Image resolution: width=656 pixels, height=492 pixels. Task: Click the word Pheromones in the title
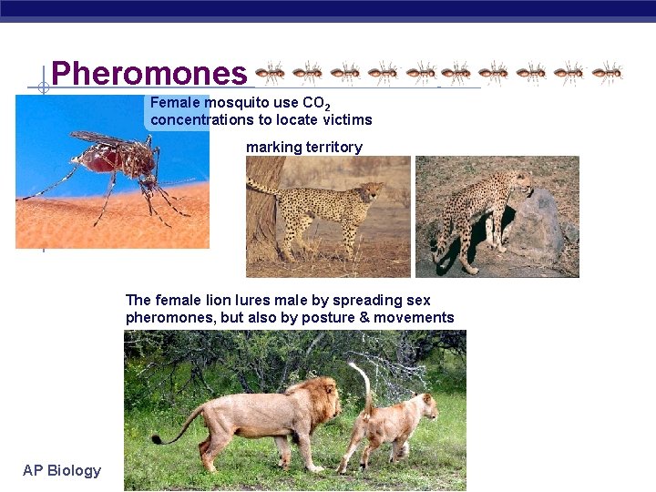pyautogui.click(x=149, y=73)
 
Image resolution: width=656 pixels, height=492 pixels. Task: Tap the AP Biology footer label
pyautogui.click(x=62, y=470)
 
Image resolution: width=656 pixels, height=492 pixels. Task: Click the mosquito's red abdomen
pyautogui.click(x=102, y=159)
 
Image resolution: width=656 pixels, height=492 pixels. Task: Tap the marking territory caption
pyautogui.click(x=303, y=147)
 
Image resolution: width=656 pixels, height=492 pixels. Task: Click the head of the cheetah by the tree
pyautogui.click(x=373, y=191)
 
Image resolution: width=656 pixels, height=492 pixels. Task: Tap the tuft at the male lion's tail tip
pyautogui.click(x=157, y=440)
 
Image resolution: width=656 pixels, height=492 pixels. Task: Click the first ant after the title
pyautogui.click(x=271, y=72)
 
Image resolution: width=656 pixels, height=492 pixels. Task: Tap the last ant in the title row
pyautogui.click(x=606, y=72)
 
